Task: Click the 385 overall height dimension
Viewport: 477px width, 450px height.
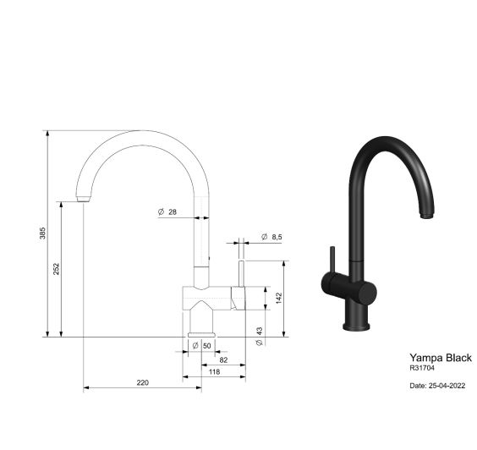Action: [x=42, y=233]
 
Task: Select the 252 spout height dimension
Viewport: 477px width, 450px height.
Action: [x=57, y=269]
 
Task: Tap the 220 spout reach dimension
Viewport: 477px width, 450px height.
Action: [x=142, y=382]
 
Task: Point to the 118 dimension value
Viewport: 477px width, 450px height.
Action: [x=215, y=371]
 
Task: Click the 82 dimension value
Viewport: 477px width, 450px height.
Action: [x=223, y=360]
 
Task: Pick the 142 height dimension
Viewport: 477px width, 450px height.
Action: [x=279, y=299]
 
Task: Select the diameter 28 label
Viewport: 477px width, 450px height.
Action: [x=167, y=211]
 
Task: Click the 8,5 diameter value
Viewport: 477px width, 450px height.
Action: [x=277, y=237]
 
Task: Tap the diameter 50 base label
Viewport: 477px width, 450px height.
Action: [x=201, y=346]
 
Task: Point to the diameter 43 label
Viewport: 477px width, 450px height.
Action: [x=259, y=336]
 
